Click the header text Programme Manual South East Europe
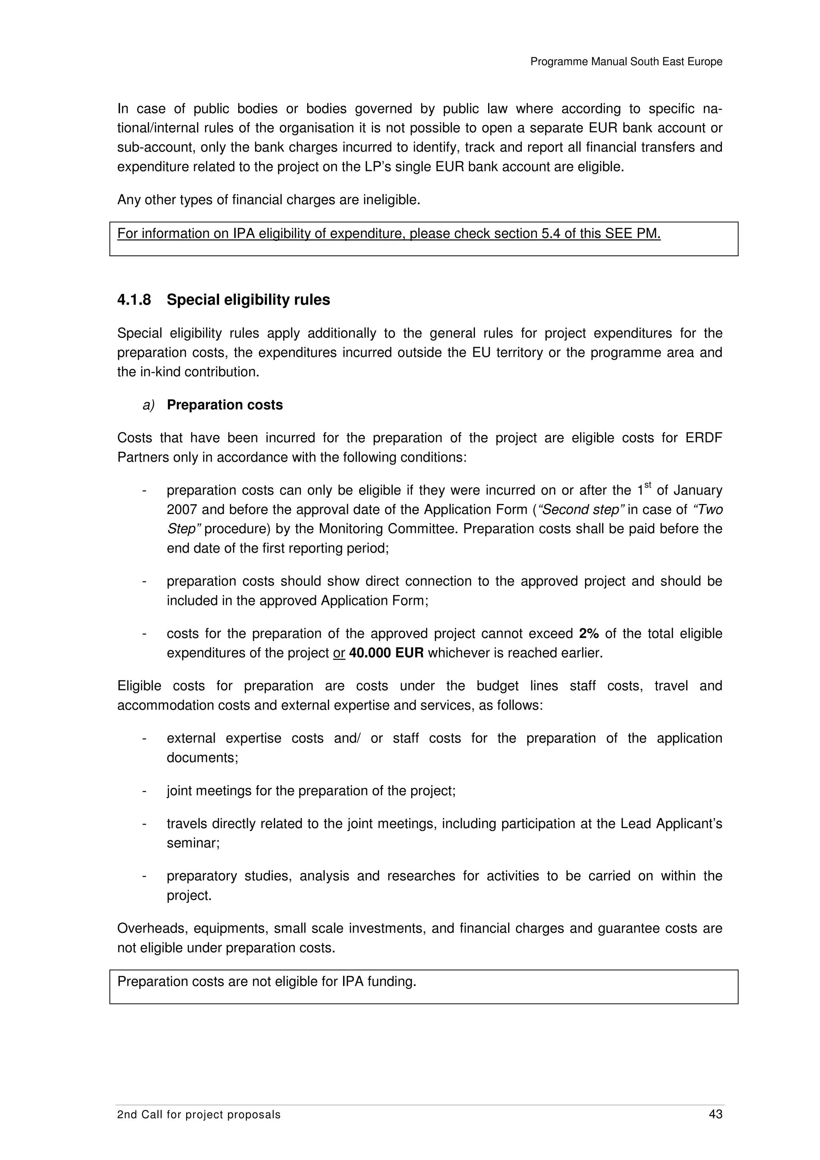coord(626,62)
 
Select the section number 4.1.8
coord(134,300)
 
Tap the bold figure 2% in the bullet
coord(589,634)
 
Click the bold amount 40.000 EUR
coord(386,653)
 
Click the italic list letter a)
coord(148,405)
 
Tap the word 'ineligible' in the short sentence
coord(390,200)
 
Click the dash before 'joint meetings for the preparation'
coord(145,791)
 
